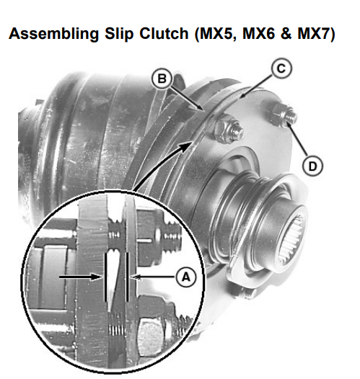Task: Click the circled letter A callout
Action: (x=186, y=277)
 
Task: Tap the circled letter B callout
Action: (x=162, y=79)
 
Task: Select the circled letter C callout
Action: (x=281, y=68)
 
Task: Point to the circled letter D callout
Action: (x=312, y=166)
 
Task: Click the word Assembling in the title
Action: (x=53, y=34)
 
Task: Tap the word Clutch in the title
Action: (x=164, y=33)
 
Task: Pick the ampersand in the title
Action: (x=286, y=33)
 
